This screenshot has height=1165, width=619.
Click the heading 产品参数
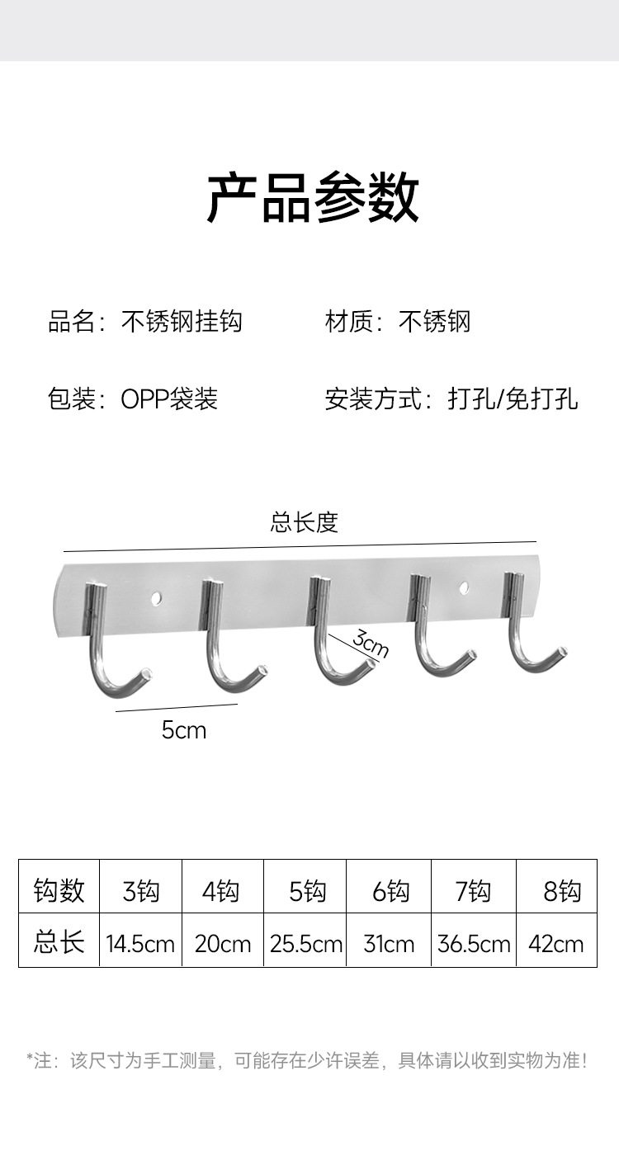coord(312,198)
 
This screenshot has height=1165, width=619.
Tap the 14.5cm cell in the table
coord(140,944)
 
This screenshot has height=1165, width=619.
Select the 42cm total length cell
coord(555,944)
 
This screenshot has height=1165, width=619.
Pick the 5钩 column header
coord(307,891)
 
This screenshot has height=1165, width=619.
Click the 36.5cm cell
coord(474,944)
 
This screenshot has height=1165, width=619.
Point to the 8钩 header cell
coord(561,891)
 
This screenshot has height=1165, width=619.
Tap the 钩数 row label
coord(59,890)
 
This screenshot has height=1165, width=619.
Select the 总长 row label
coord(59,942)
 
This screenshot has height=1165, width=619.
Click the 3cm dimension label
coord(370,643)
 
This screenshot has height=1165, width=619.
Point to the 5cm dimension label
coord(183,730)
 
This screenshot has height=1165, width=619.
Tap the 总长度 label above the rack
coord(304,522)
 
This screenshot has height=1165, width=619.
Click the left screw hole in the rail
coord(157,594)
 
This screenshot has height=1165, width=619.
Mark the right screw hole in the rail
coord(463,587)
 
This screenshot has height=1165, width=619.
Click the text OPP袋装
coord(169,399)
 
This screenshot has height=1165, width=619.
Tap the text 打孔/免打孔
coord(513,399)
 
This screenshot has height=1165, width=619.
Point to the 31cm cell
coord(389,944)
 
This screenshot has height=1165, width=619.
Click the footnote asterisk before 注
coord(31,1058)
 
